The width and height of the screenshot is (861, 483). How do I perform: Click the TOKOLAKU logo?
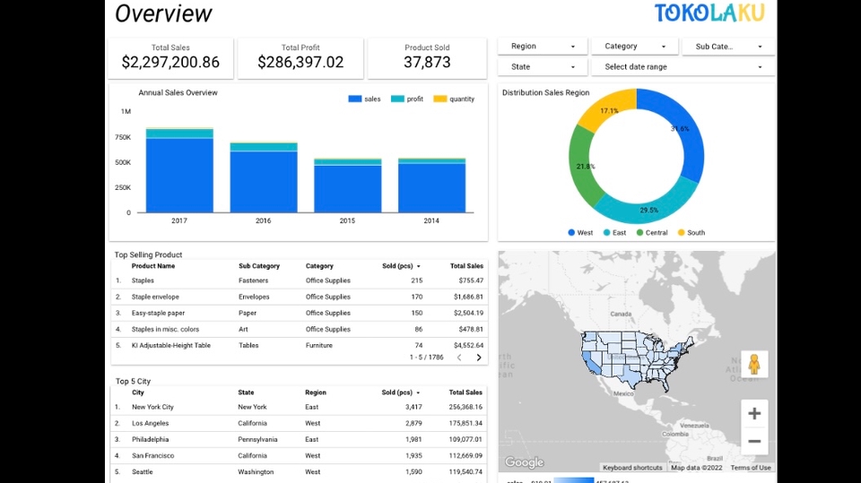tap(709, 13)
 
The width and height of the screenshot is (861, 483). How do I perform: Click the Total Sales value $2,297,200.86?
tap(170, 62)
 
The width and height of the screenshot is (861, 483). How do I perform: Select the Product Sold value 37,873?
tap(427, 62)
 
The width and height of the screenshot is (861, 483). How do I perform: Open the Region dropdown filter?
tap(543, 47)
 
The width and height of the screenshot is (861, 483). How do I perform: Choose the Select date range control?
tap(682, 67)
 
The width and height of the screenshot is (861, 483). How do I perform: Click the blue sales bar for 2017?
tap(179, 175)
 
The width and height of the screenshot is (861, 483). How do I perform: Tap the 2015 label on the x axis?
tap(347, 220)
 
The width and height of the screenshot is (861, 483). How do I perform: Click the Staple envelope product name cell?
tap(155, 297)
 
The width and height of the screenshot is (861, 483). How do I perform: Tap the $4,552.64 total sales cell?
tap(467, 345)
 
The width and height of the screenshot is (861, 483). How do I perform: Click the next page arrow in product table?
tap(479, 358)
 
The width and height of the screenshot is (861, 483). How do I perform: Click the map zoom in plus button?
tap(754, 413)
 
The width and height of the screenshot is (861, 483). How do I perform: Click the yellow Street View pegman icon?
tap(754, 364)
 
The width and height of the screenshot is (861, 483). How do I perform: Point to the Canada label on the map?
tap(621, 315)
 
